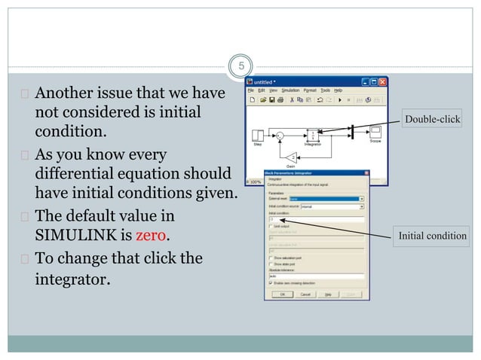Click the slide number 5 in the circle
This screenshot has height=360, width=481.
point(240,66)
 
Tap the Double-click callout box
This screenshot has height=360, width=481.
point(432,119)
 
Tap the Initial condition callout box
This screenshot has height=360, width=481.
point(432,236)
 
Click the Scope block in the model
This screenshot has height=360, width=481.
point(375,133)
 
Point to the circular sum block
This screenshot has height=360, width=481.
point(280,135)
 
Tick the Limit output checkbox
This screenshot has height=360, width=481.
point(271,226)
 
